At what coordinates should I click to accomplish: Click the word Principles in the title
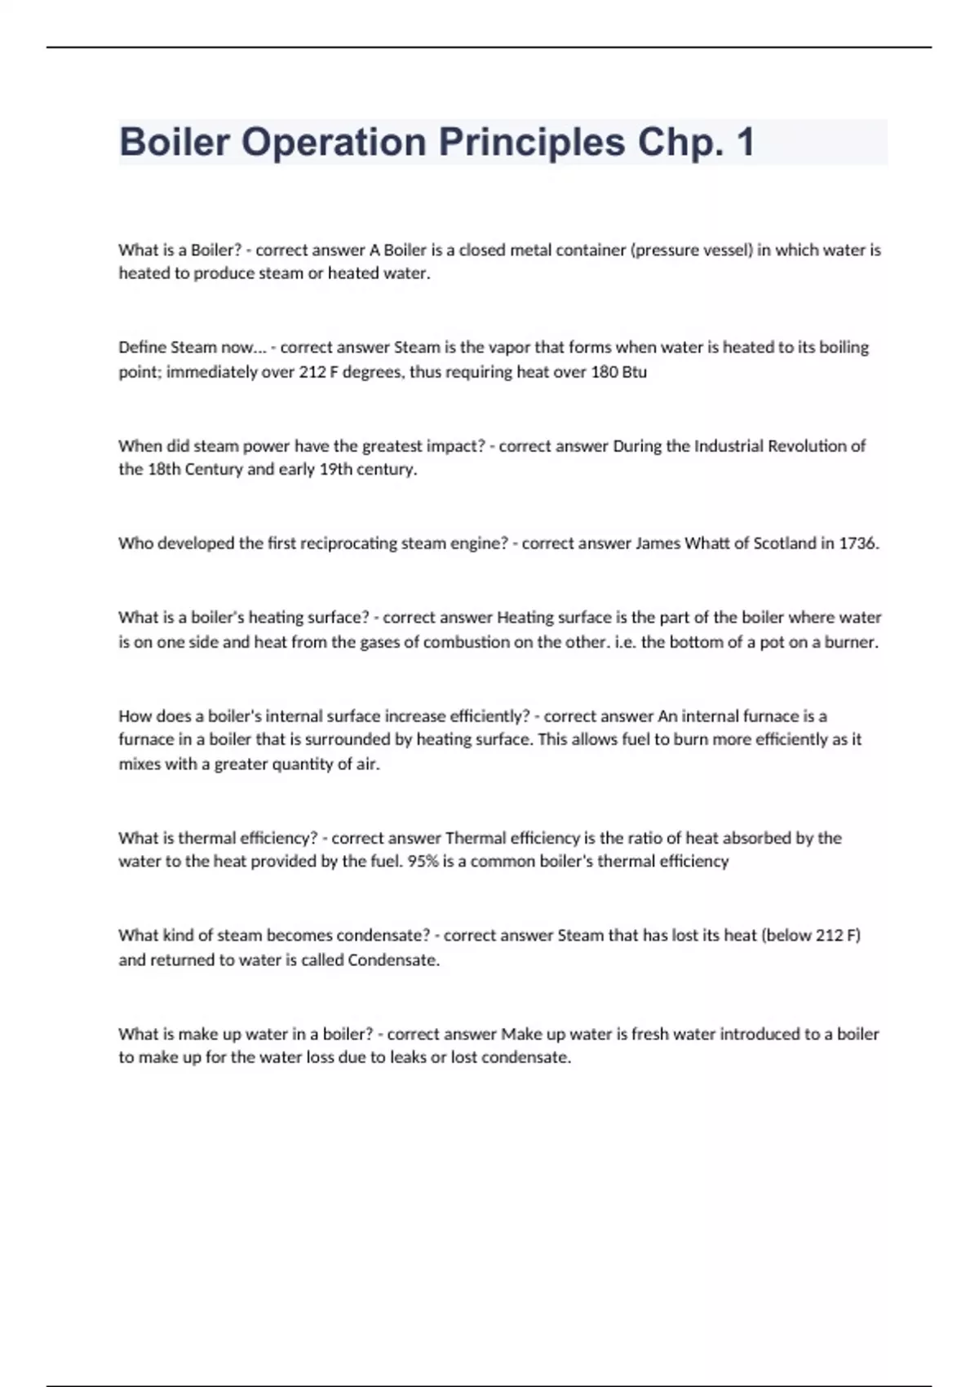tap(531, 142)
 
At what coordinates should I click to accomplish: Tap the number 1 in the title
tap(745, 142)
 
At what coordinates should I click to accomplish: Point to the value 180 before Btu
tap(604, 372)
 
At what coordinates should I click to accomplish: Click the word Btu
tap(634, 372)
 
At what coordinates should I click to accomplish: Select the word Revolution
tap(808, 446)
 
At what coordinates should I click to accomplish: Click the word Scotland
tap(786, 543)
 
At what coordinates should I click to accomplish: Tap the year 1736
tap(858, 543)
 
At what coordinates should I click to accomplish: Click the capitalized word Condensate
tap(392, 960)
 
